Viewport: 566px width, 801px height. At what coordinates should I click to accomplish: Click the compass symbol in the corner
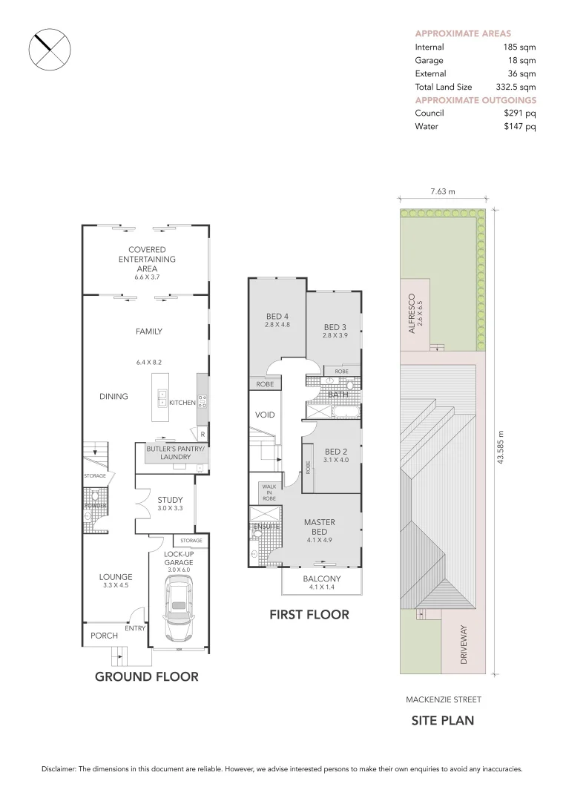tap(49, 49)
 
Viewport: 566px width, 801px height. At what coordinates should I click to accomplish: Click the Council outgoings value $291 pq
tap(519, 113)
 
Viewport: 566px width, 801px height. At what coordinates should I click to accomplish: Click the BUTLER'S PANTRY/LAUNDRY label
tap(169, 452)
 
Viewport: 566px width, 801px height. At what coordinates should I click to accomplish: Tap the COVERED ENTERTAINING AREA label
tap(147, 260)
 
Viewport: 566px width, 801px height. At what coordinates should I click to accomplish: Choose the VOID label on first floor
tap(265, 415)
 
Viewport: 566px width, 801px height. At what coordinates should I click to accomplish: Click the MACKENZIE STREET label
tap(443, 699)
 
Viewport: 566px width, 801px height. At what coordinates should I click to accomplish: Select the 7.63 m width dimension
tap(442, 191)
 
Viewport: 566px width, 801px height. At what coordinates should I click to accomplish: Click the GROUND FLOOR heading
tap(147, 676)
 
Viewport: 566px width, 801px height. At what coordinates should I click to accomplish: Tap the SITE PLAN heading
tap(443, 720)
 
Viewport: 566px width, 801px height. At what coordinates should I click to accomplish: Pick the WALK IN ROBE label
tap(268, 492)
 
